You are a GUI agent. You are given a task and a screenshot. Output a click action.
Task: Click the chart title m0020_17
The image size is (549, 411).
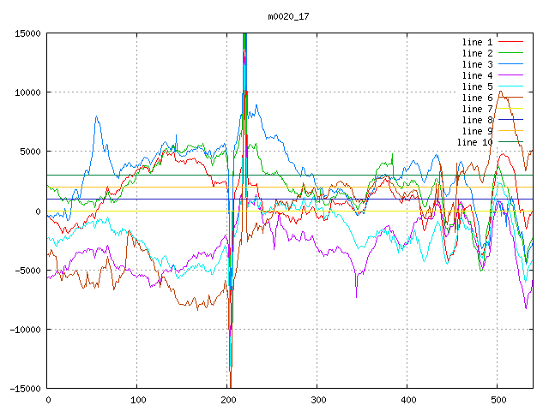pos(288,16)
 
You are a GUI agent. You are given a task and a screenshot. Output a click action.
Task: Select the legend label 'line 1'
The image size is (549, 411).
pos(477,42)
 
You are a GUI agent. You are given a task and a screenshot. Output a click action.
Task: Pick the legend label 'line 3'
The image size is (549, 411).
pos(477,64)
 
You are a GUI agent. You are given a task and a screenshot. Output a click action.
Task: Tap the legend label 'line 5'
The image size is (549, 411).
pos(477,86)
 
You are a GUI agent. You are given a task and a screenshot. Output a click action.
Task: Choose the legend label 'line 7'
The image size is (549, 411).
pos(477,109)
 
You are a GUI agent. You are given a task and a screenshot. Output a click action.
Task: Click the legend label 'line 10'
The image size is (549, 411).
pos(474,142)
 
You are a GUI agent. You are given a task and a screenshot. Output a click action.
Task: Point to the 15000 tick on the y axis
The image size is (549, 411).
pos(27,33)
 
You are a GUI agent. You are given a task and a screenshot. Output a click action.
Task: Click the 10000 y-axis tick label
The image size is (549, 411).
pos(27,92)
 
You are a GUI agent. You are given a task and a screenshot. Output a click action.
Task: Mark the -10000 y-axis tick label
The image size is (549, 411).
pos(25,330)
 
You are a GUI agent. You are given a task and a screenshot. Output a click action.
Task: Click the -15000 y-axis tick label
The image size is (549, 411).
pos(25,389)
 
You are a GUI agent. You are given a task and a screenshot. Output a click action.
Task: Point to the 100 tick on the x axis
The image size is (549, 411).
pos(137,400)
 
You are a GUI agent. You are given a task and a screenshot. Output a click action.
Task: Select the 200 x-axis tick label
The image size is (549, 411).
pos(227,400)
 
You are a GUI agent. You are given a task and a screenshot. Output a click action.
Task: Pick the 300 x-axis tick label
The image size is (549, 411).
pos(317,400)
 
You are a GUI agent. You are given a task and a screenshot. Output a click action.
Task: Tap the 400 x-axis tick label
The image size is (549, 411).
pos(407,400)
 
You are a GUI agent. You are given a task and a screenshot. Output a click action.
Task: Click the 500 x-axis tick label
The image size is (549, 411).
pos(498,400)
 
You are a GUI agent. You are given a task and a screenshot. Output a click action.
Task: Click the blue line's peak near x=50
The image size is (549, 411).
pos(96,116)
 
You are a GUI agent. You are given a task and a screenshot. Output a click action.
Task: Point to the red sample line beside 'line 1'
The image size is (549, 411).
pos(510,42)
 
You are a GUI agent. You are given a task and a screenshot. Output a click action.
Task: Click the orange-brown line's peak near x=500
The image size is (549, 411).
pos(500,92)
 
